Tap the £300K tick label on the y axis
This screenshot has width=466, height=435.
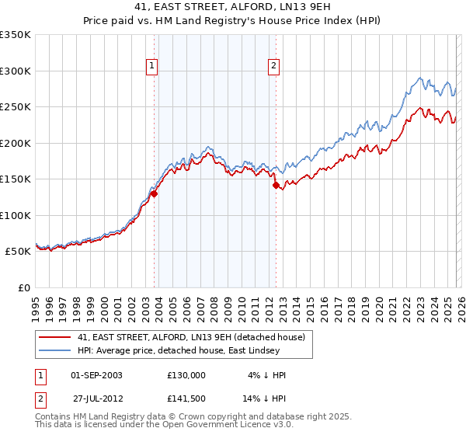pyautogui.click(x=16, y=71)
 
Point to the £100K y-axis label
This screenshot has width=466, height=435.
pyautogui.click(x=16, y=215)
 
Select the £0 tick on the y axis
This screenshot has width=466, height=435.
pyautogui.click(x=23, y=287)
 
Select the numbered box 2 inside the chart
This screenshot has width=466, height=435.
pyautogui.click(x=274, y=67)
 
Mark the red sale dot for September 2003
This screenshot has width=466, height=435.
pyautogui.click(x=155, y=194)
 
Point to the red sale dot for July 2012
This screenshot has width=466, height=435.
pyautogui.click(x=276, y=186)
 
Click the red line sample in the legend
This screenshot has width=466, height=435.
pyautogui.click(x=55, y=337)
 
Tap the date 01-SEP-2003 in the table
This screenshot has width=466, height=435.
pyautogui.click(x=96, y=374)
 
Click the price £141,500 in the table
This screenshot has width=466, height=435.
pyautogui.click(x=186, y=398)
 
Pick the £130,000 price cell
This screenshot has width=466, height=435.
pyautogui.click(x=186, y=374)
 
